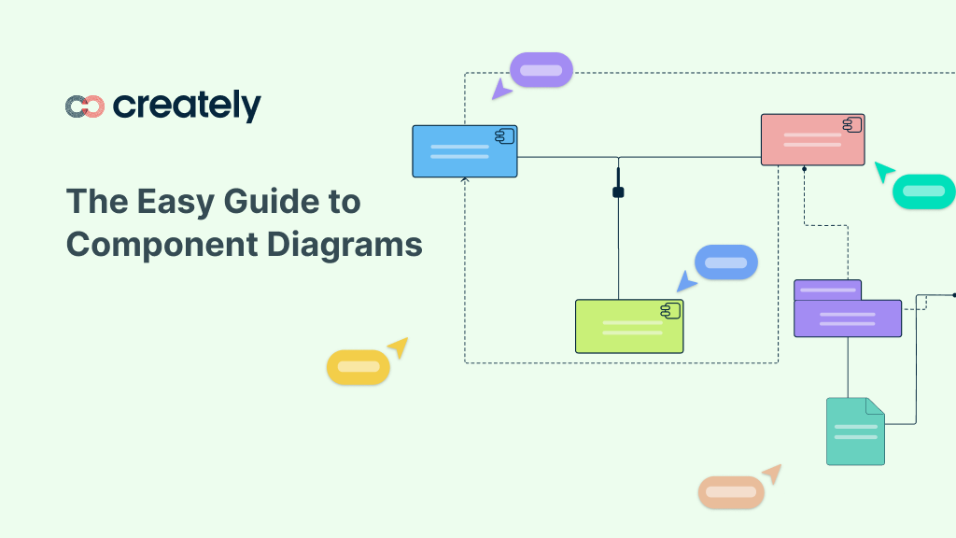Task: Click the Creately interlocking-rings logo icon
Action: point(84,106)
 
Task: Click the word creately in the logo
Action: point(187,106)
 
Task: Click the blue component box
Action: point(464,151)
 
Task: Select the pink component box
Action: point(812,140)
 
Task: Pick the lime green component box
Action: point(628,326)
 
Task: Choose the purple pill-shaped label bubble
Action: point(541,70)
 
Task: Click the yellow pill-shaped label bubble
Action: point(358,366)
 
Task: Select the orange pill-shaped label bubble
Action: point(731,492)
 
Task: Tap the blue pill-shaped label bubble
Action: point(725,262)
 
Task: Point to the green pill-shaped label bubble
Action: point(923,191)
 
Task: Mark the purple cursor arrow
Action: point(502,90)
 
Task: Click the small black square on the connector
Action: point(618,192)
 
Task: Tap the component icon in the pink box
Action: point(851,124)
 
